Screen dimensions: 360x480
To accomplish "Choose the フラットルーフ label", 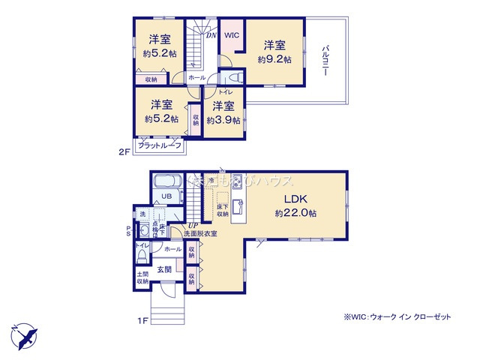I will [159, 145].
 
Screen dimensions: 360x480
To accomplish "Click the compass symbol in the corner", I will [22, 333].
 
